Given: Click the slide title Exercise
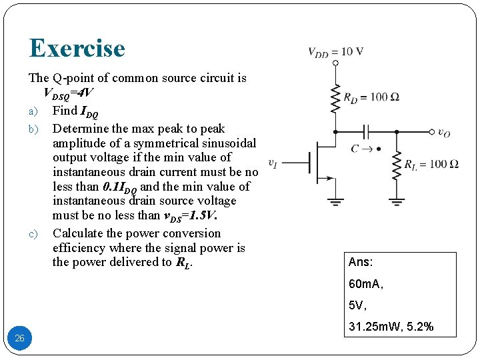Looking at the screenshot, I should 77,48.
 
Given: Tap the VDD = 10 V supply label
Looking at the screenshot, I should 335,53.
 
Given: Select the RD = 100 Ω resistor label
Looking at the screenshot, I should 371,97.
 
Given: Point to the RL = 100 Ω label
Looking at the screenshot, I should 431,164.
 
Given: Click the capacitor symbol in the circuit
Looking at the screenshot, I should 365,132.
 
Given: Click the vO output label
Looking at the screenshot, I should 444,133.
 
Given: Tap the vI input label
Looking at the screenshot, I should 273,162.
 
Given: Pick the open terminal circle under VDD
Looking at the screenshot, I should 335,63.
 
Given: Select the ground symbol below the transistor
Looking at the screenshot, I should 335,199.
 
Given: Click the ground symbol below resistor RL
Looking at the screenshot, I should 397,199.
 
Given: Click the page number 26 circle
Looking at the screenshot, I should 19,338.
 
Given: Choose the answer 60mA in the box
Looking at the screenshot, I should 365,285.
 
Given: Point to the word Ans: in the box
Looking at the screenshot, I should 361,263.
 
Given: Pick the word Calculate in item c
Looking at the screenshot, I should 79,233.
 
